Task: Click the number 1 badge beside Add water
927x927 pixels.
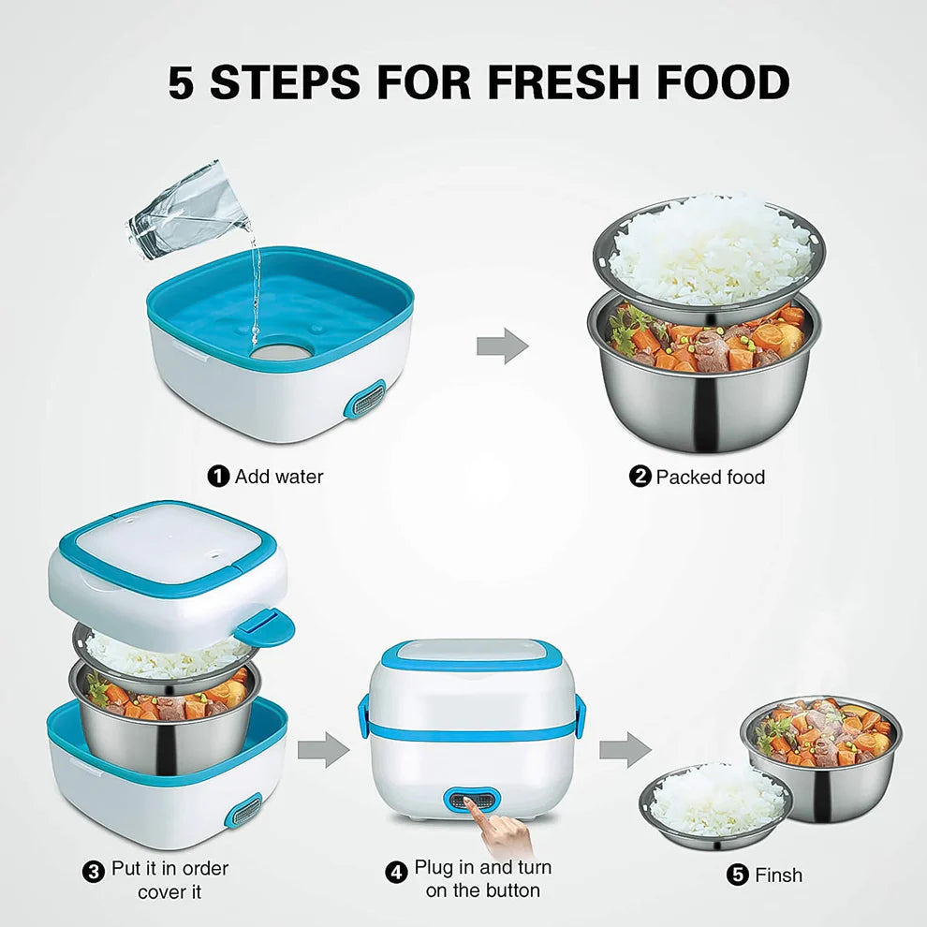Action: click(x=218, y=477)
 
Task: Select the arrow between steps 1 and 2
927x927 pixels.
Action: click(x=502, y=346)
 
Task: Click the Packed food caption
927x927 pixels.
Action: click(x=710, y=478)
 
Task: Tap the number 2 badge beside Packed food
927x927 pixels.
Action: click(x=640, y=478)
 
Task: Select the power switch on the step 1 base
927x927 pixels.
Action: click(x=366, y=401)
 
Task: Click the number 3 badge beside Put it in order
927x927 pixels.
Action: click(x=94, y=871)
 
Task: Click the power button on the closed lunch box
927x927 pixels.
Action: click(x=473, y=801)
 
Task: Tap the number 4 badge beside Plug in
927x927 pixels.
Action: click(x=397, y=871)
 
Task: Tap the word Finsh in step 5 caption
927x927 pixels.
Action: click(x=778, y=875)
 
